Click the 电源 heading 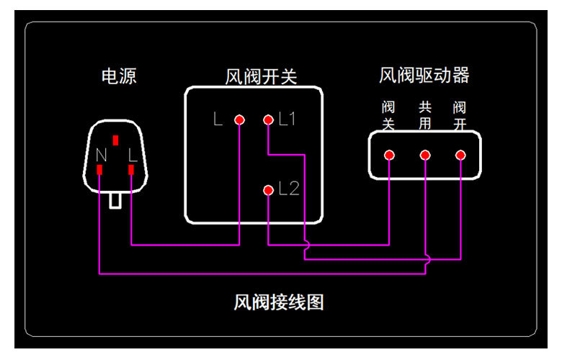click(119, 76)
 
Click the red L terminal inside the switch click(239, 120)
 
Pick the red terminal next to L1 click(268, 120)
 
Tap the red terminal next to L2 click(268, 190)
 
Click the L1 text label click(287, 120)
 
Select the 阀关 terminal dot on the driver click(389, 155)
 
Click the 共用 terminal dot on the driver click(425, 155)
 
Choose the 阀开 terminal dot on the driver click(460, 155)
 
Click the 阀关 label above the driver click(388, 115)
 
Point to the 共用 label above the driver click(425, 115)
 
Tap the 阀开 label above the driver click(460, 115)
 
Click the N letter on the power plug click(101, 153)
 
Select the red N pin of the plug click(99, 170)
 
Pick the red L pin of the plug click(131, 170)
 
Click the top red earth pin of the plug click(115, 139)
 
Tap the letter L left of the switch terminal click(218, 120)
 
